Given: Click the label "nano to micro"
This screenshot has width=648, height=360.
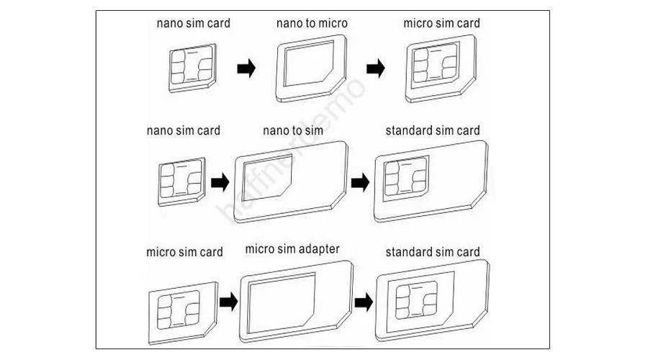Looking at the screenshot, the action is pyautogui.click(x=312, y=23).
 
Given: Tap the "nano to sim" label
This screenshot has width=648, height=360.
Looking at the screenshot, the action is pyautogui.click(x=293, y=130).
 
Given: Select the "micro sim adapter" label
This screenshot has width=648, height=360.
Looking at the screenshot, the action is pyautogui.click(x=292, y=249).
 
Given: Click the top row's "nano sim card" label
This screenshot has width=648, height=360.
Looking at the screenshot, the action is pyautogui.click(x=194, y=23).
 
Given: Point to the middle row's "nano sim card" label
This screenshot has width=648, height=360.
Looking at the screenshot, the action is pyautogui.click(x=184, y=130).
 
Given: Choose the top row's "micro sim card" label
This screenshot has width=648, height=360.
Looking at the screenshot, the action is pyautogui.click(x=442, y=23).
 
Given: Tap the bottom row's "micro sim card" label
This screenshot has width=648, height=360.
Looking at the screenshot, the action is pyautogui.click(x=185, y=252).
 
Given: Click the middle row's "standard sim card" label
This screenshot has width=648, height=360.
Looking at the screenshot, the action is pyautogui.click(x=433, y=130).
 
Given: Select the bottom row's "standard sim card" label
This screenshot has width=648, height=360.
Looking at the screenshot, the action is pyautogui.click(x=433, y=252).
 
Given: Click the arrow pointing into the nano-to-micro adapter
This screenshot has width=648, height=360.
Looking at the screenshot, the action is pyautogui.click(x=246, y=68).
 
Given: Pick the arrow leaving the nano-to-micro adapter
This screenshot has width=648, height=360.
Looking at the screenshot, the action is pyautogui.click(x=376, y=68).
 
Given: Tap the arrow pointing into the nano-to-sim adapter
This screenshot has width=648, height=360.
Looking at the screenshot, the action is pyautogui.click(x=220, y=182).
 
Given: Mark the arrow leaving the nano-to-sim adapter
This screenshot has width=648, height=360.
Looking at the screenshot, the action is pyautogui.click(x=361, y=182).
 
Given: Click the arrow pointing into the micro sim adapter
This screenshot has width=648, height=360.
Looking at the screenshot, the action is pyautogui.click(x=228, y=302).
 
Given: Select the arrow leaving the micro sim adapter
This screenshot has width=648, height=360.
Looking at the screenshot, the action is pyautogui.click(x=364, y=302).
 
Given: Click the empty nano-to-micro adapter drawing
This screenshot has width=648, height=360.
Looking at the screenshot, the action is pyautogui.click(x=311, y=68).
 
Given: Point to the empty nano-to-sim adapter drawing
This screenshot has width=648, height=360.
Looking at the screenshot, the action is pyautogui.click(x=291, y=182).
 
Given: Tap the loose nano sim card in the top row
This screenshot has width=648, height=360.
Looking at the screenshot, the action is pyautogui.click(x=192, y=68).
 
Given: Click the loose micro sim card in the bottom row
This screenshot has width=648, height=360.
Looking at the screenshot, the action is pyautogui.click(x=183, y=313).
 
